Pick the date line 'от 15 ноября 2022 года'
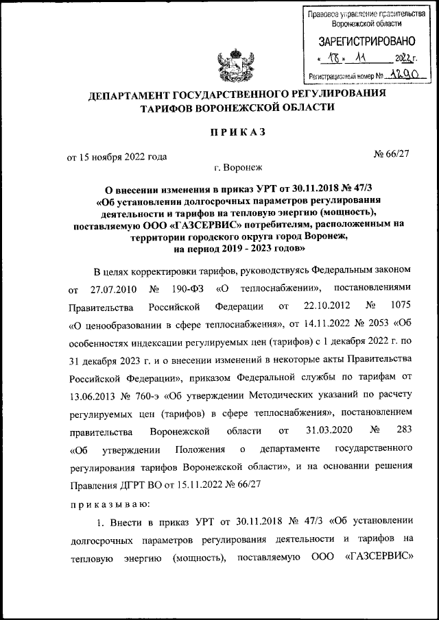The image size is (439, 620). (x=117, y=156)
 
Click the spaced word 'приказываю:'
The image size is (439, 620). (x=104, y=504)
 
